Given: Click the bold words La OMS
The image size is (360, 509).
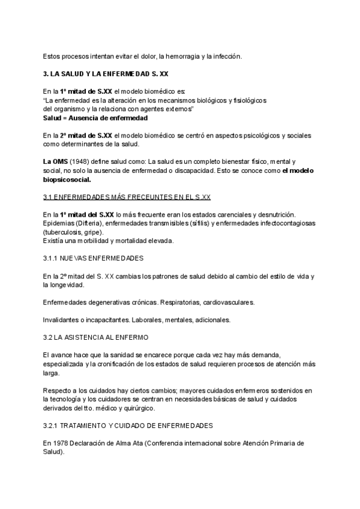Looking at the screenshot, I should coord(55,162).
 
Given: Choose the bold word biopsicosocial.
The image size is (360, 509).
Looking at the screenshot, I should coord(67,179).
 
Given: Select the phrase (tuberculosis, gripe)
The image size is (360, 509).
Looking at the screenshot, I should coord(73,232).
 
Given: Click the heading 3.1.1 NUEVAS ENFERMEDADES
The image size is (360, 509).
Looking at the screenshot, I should coord(93,258).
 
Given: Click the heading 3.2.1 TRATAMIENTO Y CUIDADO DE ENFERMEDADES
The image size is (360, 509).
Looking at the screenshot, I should coord(128,426).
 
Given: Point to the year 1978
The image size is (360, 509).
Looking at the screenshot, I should coord(59,443).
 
